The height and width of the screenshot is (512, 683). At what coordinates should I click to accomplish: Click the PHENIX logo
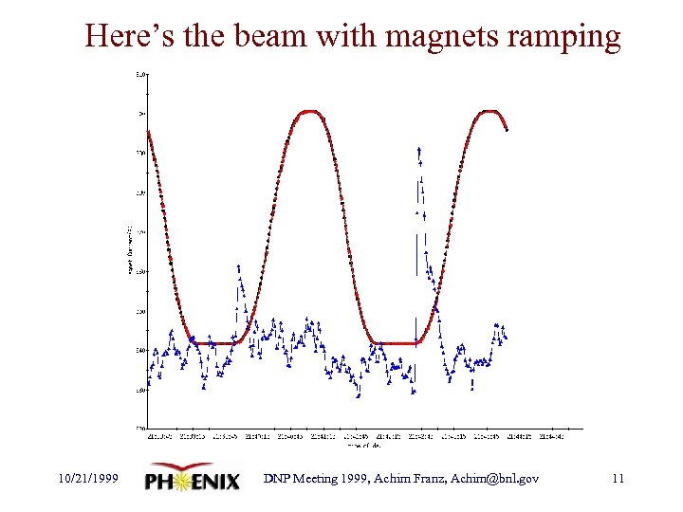click(193, 481)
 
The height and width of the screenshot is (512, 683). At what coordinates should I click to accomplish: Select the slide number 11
click(618, 479)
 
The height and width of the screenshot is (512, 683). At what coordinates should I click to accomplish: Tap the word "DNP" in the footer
click(279, 479)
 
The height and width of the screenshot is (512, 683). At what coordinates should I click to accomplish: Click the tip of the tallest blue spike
click(418, 149)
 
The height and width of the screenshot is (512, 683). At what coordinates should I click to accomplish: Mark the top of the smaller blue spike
click(238, 266)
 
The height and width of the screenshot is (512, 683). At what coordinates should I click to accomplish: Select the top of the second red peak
click(488, 111)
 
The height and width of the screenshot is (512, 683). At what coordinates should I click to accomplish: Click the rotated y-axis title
click(130, 250)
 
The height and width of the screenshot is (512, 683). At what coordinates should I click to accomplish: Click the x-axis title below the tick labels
click(363, 444)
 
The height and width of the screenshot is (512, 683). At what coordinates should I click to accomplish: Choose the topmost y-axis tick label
click(139, 73)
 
